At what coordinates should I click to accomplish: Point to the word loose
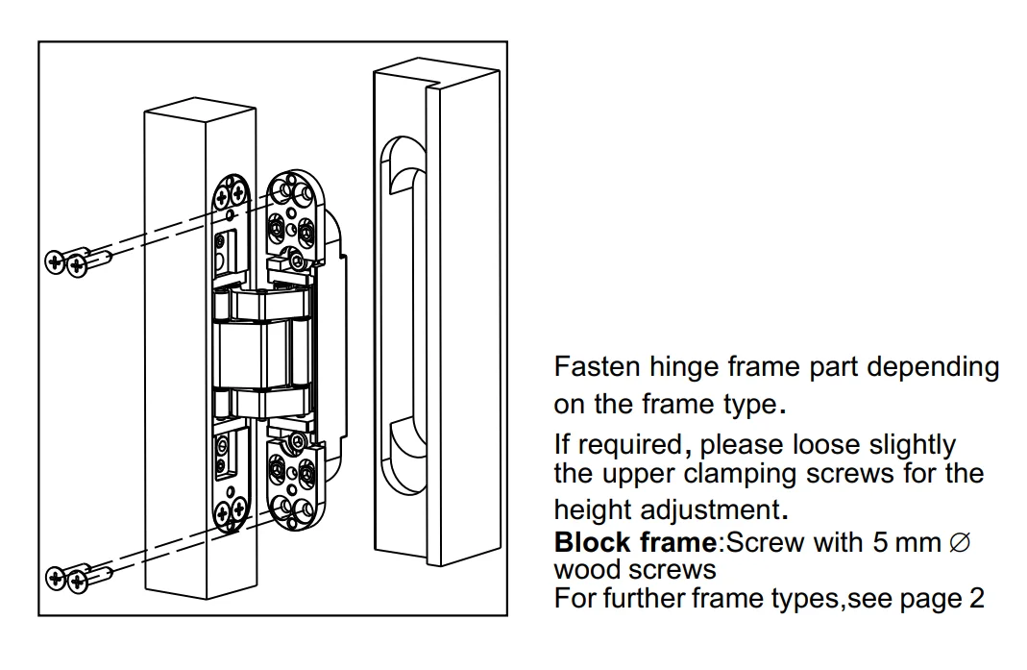pyautogui.click(x=828, y=445)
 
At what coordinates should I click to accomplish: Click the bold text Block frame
pyautogui.click(x=635, y=542)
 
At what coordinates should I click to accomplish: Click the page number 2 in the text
pyautogui.click(x=976, y=598)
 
